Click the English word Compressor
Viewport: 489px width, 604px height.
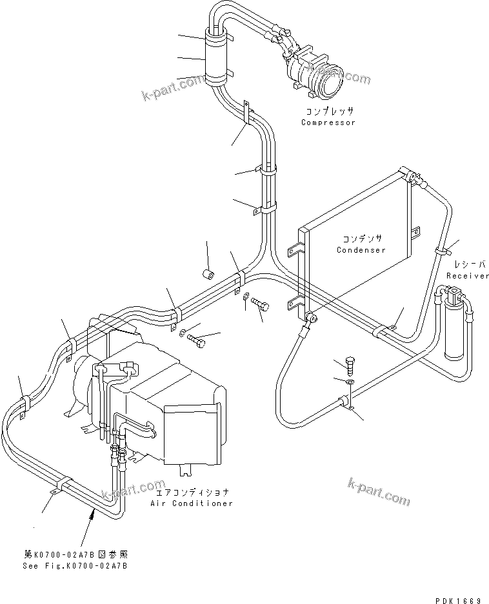coord(328,122)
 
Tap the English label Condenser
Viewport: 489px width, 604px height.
coord(361,250)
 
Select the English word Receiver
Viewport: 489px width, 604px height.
coord(467,276)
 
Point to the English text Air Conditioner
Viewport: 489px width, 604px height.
coord(192,503)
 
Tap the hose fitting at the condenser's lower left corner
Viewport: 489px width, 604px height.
coord(310,317)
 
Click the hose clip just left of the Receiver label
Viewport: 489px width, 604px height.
coord(443,249)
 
